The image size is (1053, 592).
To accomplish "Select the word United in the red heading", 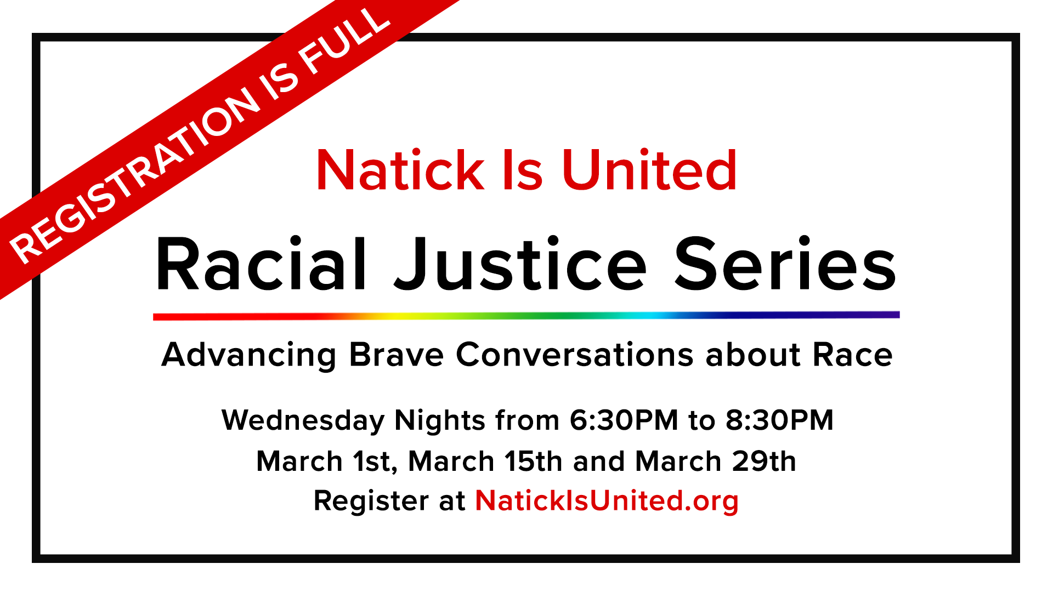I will point(649,171).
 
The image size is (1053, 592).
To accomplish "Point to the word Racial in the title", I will point(261,264).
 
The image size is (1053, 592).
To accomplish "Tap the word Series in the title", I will point(785,264).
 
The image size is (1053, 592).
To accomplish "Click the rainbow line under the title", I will point(526,316).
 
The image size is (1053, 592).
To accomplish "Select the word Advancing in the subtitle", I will point(249,355).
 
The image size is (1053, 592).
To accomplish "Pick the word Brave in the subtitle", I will point(396,355).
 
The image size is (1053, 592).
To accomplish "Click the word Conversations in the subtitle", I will point(575,355).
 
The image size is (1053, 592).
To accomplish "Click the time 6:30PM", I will point(624,421).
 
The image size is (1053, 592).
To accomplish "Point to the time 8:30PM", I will point(779,421).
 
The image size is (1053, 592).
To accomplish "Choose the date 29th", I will point(764,462).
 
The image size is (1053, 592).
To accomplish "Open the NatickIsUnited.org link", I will point(607,501).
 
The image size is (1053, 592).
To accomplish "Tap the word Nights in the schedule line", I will point(440,421).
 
